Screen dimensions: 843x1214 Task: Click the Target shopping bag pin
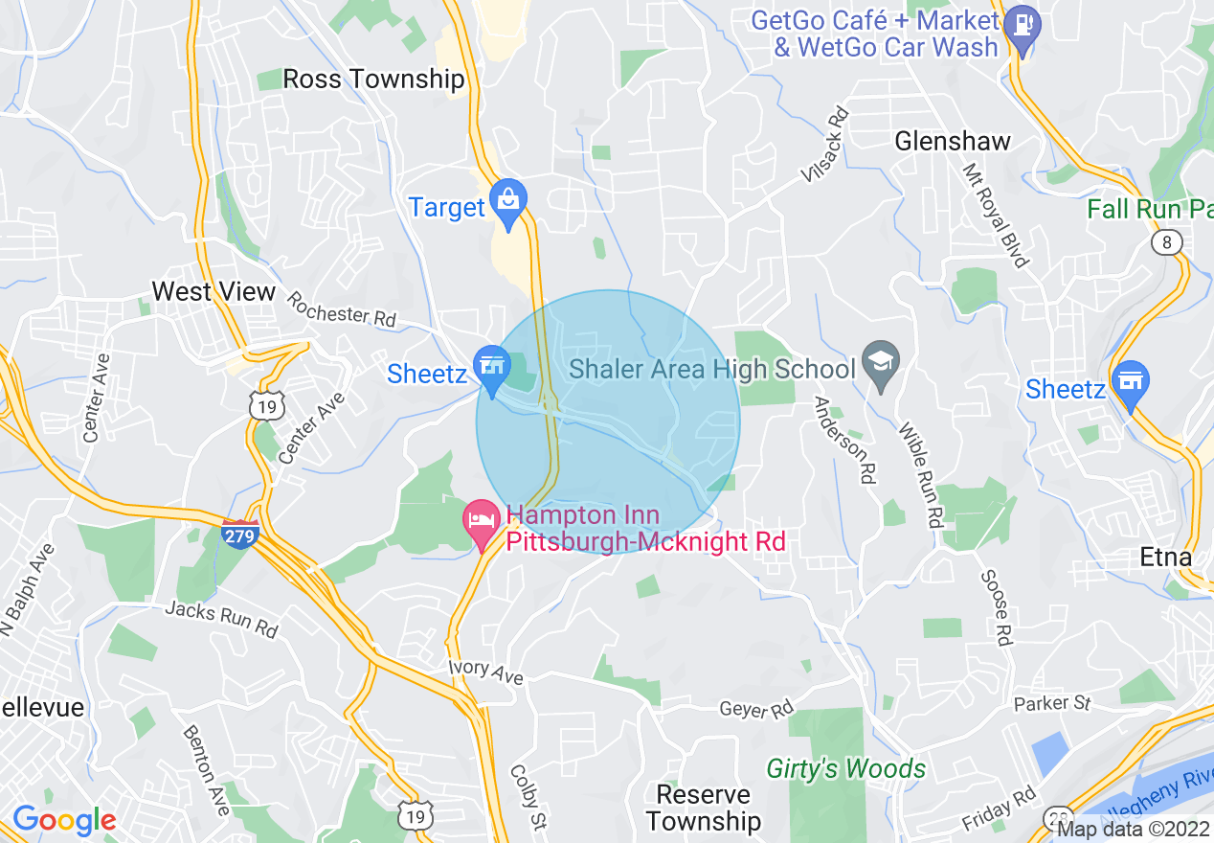(x=507, y=202)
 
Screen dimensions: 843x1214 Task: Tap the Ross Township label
(x=373, y=79)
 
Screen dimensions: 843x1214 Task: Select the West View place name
(x=214, y=291)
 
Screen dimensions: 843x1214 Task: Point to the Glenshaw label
(x=952, y=142)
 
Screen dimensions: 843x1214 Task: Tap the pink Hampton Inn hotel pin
(x=482, y=523)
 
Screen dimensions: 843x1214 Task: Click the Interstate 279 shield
(x=239, y=534)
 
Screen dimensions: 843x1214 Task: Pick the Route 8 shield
(x=1166, y=242)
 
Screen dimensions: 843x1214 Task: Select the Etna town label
(x=1166, y=557)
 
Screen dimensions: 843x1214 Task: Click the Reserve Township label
(x=704, y=808)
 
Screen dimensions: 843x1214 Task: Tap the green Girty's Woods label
(x=845, y=768)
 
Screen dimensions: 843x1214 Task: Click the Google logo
(x=63, y=819)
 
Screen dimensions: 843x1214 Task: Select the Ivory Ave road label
(x=485, y=671)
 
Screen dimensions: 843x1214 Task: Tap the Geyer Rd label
(x=756, y=709)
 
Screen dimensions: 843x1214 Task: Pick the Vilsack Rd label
(x=825, y=144)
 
